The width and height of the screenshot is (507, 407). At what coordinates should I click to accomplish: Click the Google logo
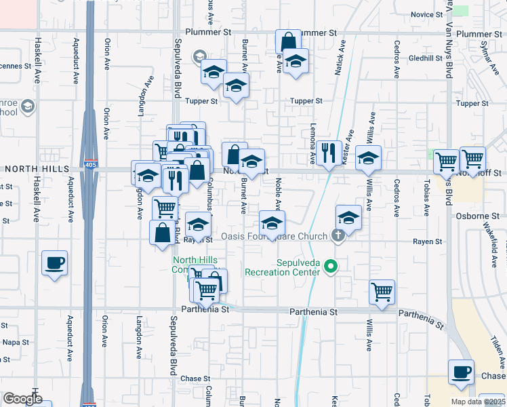point(22,399)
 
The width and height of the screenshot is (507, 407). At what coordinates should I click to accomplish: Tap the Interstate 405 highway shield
point(90,165)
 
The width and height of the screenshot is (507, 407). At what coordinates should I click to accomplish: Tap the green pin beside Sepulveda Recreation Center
point(331,267)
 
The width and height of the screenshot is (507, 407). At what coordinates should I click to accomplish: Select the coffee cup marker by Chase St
point(461,372)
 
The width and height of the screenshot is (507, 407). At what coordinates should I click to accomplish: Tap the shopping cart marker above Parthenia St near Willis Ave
point(382,292)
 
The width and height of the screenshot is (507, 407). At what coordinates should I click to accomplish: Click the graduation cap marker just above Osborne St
point(348,217)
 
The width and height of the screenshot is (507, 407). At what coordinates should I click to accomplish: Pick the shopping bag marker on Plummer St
point(288,41)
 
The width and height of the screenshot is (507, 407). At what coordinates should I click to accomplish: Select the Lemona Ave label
point(313,149)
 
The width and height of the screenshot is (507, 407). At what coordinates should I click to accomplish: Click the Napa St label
point(15,343)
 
